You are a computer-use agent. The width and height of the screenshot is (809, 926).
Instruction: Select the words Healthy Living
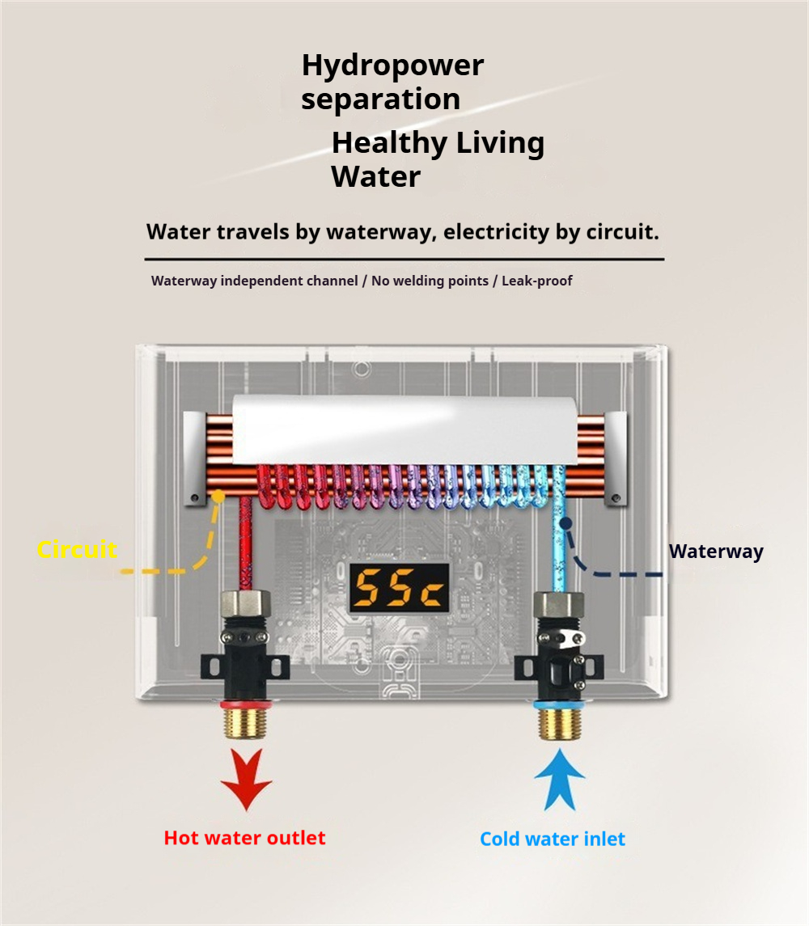click(x=438, y=143)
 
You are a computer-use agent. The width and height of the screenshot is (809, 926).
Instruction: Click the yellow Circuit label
click(x=77, y=550)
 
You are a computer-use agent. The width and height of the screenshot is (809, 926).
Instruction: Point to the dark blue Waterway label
click(x=716, y=552)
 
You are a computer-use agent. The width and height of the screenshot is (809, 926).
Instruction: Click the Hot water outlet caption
click(x=244, y=838)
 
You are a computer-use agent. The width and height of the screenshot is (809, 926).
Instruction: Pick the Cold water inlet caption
click(x=553, y=839)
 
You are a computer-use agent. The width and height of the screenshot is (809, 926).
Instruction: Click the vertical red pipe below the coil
click(x=245, y=542)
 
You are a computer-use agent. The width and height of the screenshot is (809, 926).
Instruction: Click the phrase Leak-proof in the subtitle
click(x=537, y=281)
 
